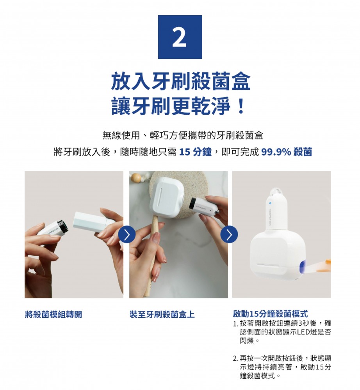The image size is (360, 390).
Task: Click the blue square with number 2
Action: [180, 37]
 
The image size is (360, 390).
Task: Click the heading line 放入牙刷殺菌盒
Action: [180, 82]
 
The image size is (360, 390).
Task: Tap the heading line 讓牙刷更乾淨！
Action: [179, 106]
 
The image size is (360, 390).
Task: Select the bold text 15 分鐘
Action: [195, 152]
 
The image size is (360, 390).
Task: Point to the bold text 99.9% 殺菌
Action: [287, 152]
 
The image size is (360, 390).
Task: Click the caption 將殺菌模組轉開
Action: [53, 314]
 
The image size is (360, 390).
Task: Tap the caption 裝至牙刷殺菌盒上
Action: [162, 314]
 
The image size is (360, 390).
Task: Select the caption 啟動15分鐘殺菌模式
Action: [270, 314]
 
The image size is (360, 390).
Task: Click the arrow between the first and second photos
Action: [127, 234]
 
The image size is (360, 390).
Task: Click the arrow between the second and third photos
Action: [229, 234]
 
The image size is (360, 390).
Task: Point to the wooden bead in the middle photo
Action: [137, 178]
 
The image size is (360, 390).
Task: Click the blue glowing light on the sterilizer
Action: [302, 267]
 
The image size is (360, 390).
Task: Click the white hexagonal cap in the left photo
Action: [90, 222]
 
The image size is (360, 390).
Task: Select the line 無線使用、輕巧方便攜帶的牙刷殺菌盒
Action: [183, 135]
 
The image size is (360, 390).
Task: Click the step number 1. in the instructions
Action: [236, 324]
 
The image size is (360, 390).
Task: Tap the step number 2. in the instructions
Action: [236, 359]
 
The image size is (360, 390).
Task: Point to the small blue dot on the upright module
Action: [270, 203]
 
